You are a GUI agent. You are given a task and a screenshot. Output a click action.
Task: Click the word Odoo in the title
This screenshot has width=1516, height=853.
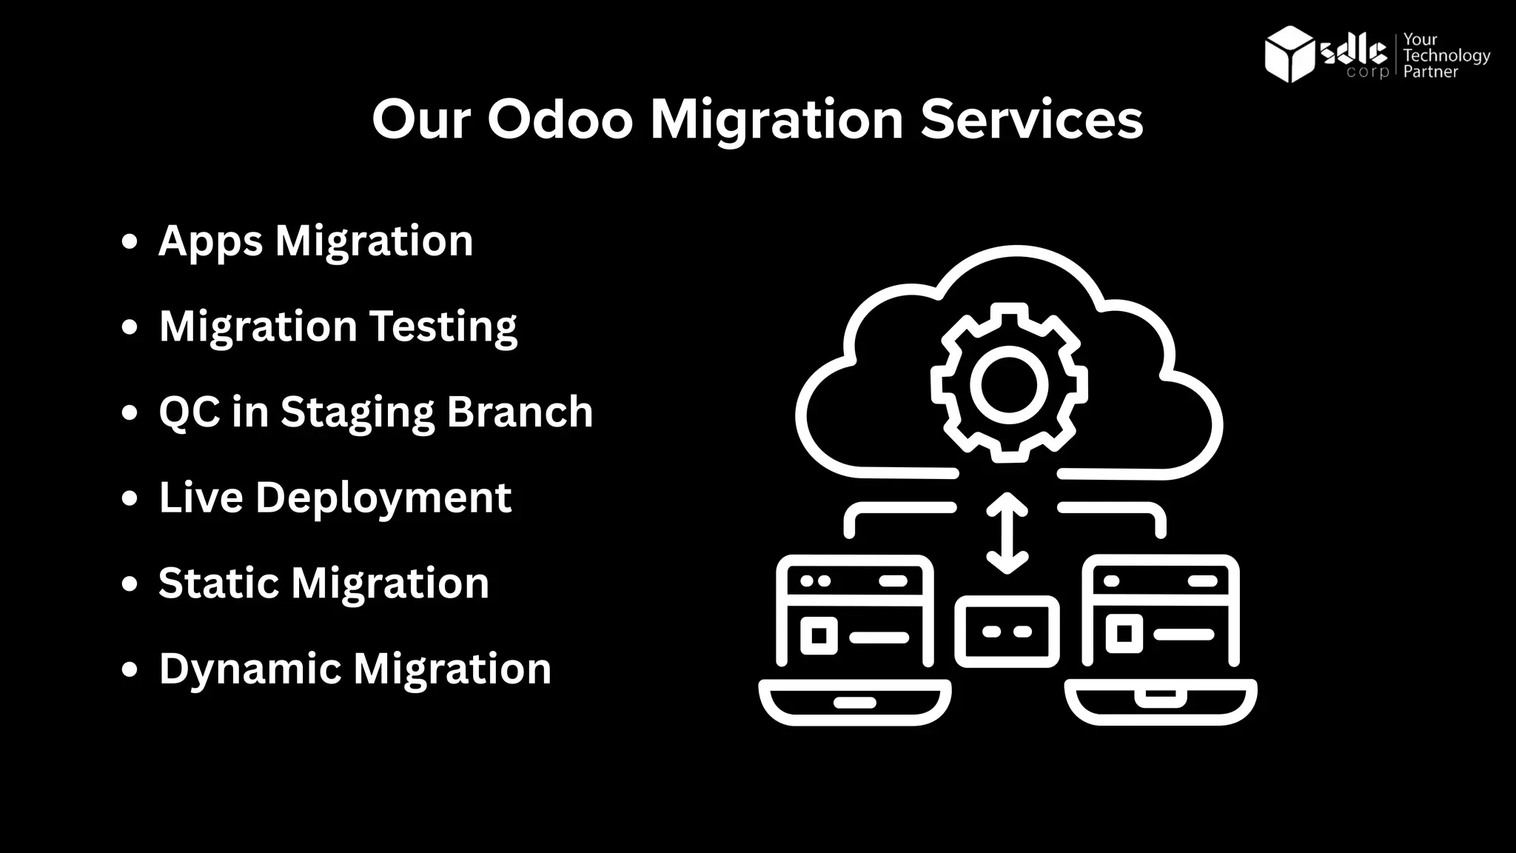560,119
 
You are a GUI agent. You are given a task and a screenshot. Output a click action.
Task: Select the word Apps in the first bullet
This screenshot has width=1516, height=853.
210,241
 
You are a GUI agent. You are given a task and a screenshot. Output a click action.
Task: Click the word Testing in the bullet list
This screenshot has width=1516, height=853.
443,327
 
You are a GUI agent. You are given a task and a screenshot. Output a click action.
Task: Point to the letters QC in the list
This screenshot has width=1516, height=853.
189,412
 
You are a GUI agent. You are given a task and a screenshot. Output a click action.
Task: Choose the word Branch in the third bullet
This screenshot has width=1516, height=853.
520,412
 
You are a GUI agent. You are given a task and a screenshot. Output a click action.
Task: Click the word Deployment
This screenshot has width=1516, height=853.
383,497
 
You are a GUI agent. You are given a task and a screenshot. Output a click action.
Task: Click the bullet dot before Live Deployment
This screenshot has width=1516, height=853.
130,498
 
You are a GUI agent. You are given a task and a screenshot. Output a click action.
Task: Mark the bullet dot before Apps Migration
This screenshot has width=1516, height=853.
130,241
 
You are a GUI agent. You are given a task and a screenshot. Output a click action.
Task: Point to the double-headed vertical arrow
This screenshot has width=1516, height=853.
1007,533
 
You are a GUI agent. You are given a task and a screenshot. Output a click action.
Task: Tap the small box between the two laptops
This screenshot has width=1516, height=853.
1007,632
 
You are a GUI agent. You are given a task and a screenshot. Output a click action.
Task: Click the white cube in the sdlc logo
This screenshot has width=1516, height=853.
1289,54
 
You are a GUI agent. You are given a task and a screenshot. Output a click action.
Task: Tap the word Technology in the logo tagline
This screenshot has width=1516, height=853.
1446,56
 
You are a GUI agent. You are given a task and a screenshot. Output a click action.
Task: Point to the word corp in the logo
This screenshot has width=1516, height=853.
1368,73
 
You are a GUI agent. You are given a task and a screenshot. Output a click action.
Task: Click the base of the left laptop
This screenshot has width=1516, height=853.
854,702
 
